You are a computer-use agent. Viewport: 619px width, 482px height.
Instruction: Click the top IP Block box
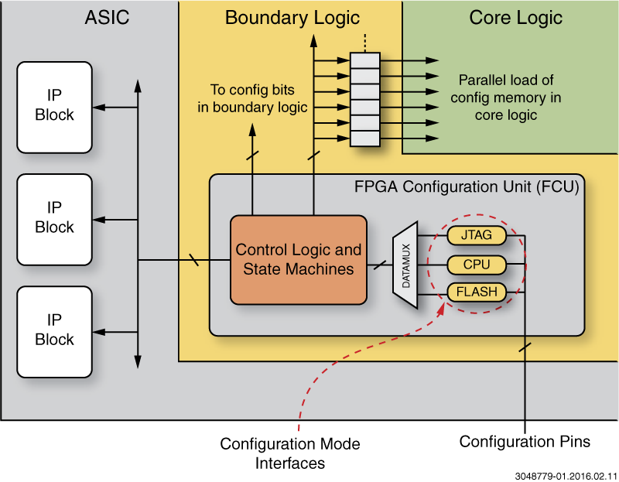tap(54, 107)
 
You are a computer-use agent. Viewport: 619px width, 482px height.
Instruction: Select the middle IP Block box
tap(54, 219)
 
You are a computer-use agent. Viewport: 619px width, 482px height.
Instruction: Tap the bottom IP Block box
tap(54, 331)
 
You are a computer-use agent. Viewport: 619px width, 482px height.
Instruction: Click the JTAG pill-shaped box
tap(477, 235)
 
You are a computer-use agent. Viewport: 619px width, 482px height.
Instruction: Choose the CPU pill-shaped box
tap(477, 265)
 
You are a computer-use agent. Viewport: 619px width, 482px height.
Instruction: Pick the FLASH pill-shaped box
tap(477, 292)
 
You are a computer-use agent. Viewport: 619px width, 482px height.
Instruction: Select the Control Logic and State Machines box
tap(299, 259)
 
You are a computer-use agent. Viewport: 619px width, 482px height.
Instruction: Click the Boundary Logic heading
tap(292, 18)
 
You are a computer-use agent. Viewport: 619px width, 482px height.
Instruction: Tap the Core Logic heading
tap(515, 18)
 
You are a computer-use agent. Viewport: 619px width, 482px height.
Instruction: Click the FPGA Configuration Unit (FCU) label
tap(466, 186)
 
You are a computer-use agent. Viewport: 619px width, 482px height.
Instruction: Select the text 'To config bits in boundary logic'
tap(253, 99)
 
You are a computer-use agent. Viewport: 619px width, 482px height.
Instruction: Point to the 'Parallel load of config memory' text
tap(506, 97)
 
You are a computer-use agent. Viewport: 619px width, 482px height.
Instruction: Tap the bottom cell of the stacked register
tap(365, 138)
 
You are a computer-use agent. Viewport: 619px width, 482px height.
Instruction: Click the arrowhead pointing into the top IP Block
tap(99, 108)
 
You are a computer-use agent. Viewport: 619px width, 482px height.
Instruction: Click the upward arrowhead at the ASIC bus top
tap(138, 83)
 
